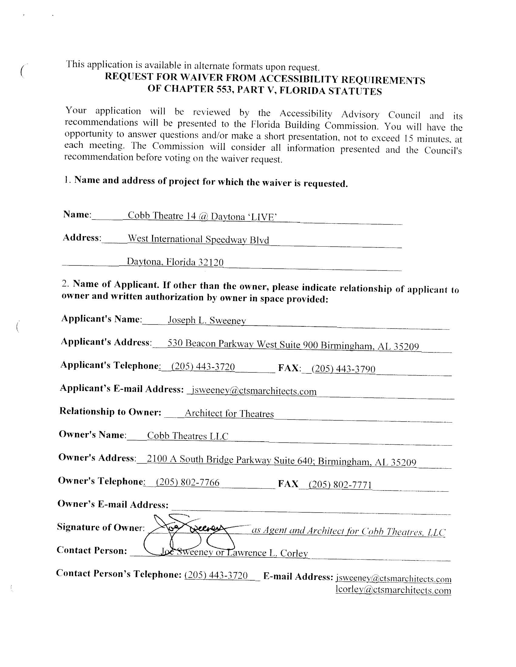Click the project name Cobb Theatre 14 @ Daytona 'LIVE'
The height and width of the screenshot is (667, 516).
click(x=202, y=216)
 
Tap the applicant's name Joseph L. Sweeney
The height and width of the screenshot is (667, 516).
click(x=207, y=320)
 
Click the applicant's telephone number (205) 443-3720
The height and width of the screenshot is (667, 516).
click(x=203, y=366)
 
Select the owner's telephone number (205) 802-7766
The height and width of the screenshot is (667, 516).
click(x=188, y=482)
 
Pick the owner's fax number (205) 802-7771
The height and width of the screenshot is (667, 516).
click(x=340, y=484)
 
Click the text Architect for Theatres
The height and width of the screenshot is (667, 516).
click(x=229, y=413)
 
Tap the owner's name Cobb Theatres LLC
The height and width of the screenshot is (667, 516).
click(x=188, y=436)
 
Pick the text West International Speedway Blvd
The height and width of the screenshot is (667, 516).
click(x=199, y=239)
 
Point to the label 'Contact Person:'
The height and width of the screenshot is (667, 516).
click(x=92, y=550)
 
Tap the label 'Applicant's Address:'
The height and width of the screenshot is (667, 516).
click(x=106, y=342)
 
